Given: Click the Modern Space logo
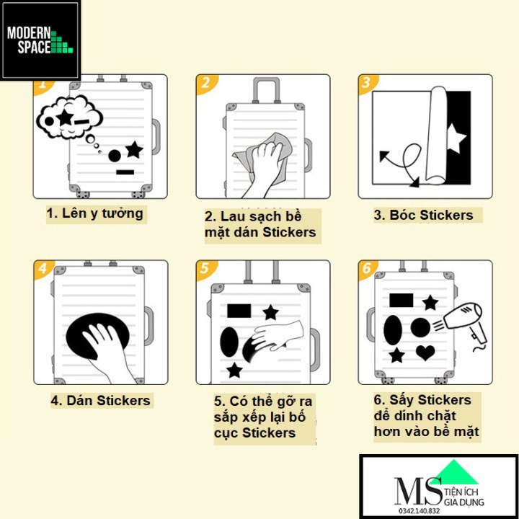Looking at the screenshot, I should pos(40,40).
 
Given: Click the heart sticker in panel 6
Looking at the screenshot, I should pos(426,352).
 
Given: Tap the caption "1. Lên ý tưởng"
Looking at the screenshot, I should pos(95,213).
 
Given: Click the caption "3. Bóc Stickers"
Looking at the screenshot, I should pos(423,215).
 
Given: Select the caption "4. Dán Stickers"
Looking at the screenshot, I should pos(100,400).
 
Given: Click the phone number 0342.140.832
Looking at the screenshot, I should pos(418,510).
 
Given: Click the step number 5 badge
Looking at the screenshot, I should pos(206,270).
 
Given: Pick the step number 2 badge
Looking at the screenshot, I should pos(206,83).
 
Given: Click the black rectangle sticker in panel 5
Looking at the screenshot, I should pos(239,311).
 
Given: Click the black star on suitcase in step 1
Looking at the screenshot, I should pos(134,150).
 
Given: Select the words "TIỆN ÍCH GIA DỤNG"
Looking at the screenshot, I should pos(466,495).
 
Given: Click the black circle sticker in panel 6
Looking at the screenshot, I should pos(420,328).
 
